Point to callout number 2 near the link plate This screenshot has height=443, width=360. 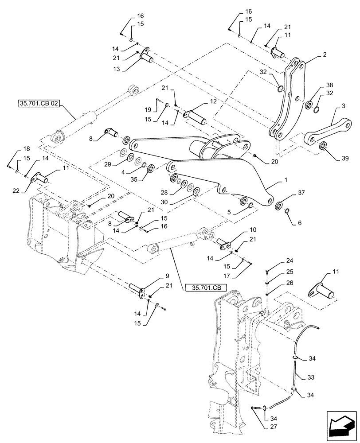point(325,54)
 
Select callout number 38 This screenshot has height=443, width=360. point(329,85)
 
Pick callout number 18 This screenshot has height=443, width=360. point(15,149)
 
